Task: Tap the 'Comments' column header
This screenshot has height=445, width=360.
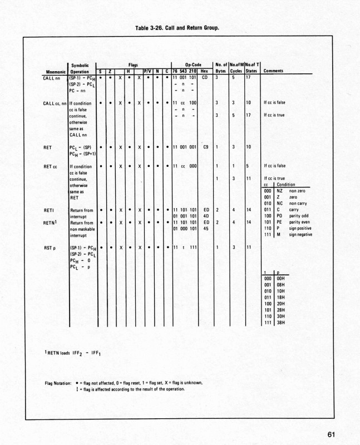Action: (273, 71)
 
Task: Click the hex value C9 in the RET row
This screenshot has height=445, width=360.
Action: (206, 147)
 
